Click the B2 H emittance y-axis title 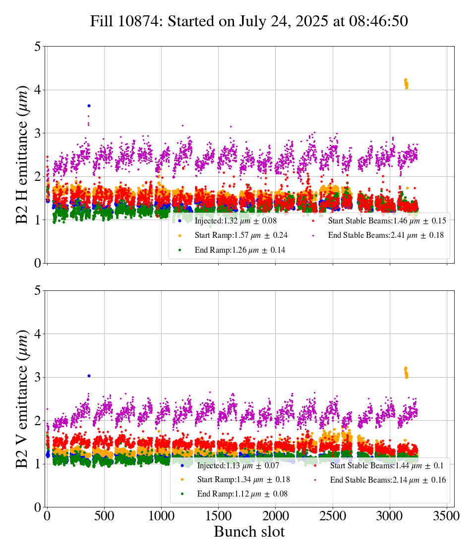22,155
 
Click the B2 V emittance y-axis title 22,399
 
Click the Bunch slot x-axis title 249,532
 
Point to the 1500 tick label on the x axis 219,516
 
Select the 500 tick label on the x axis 104,516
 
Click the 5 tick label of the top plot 37,47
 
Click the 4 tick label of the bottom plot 37,334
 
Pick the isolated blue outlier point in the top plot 89,106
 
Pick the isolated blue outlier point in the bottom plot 89,376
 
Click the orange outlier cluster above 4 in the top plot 406,83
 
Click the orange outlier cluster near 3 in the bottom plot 406,372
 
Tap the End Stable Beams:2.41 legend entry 382,235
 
